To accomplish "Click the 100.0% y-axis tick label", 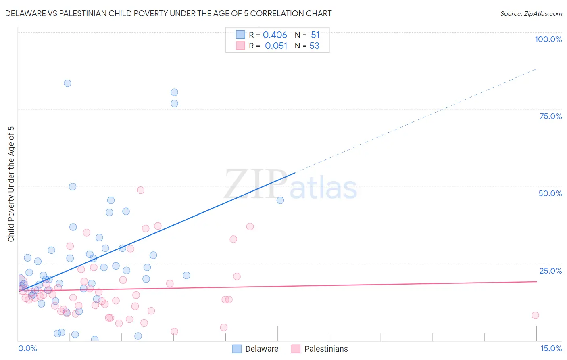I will [548, 39].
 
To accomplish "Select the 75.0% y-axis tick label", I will [550, 116].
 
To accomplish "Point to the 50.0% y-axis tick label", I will [550, 193].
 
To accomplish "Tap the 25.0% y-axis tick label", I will [550, 271].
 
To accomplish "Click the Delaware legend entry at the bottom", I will [261, 349].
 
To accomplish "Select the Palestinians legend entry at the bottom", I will [325, 349].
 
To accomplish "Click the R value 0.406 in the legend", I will [275, 35].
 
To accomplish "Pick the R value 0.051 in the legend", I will [276, 46].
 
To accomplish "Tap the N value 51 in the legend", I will [315, 35].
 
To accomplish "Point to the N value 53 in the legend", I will [314, 46].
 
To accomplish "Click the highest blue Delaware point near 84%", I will [67, 83].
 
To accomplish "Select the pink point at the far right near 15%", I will [535, 315].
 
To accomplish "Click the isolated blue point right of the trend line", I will [280, 200].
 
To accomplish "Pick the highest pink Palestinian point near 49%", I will [140, 190].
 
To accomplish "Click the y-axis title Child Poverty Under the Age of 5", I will [11, 184].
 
